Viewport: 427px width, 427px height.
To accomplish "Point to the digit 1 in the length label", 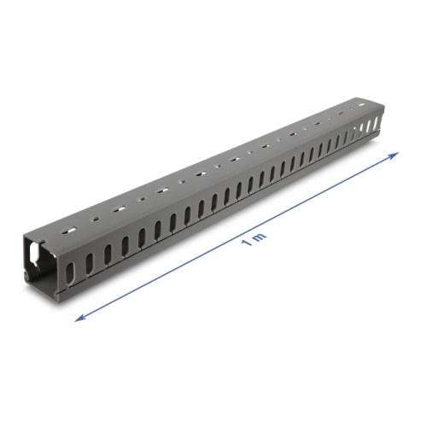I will click(245, 246).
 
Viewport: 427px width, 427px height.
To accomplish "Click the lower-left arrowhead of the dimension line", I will click(79, 319).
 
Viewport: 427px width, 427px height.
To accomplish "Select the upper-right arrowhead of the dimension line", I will click(395, 155).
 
